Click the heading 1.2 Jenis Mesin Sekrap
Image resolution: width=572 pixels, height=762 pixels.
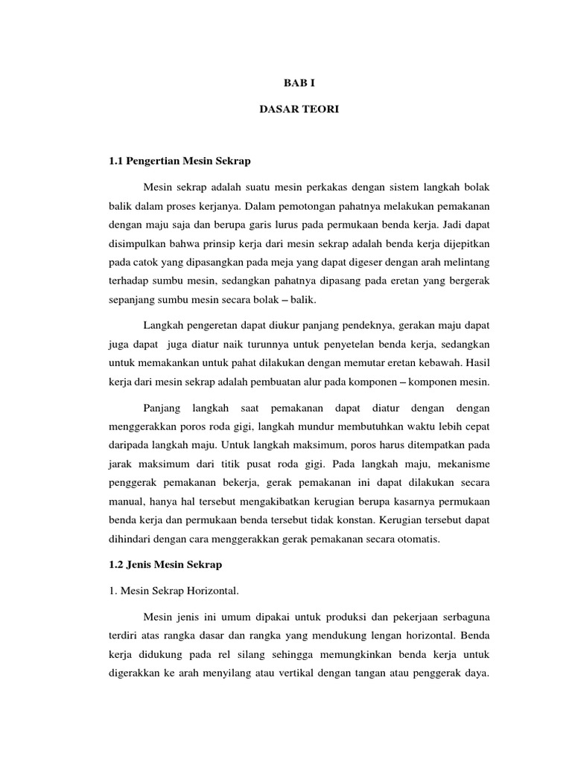click(166, 565)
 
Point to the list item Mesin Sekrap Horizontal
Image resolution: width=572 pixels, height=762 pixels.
click(175, 592)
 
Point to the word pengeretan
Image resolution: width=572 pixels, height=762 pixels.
click(212, 325)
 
